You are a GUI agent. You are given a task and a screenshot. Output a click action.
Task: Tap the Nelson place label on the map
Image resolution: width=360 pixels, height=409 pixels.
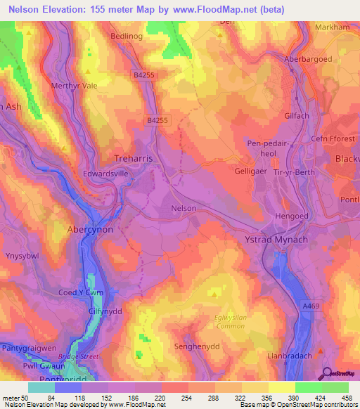[184, 209]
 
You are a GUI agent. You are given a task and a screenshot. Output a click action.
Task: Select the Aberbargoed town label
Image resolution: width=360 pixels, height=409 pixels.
[307, 60]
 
